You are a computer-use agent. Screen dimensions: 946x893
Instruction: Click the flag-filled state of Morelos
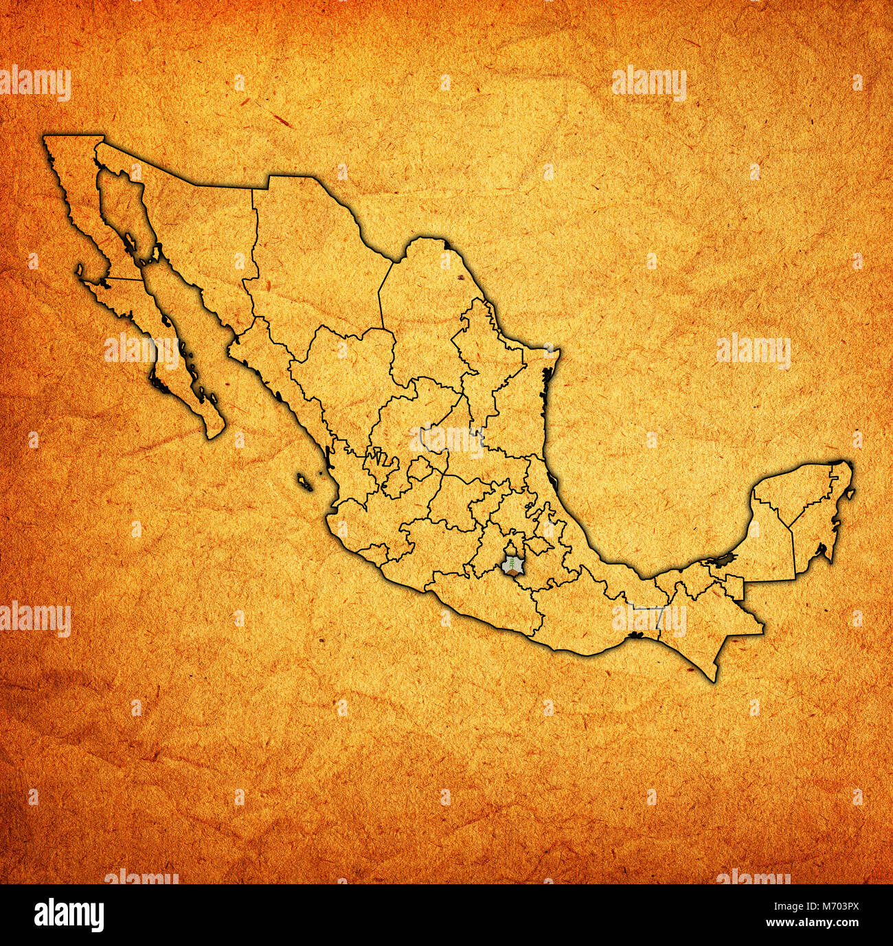coord(512,566)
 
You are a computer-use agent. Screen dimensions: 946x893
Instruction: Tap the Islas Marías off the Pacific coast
coord(304,482)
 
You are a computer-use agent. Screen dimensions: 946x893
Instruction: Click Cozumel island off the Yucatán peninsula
coord(850,493)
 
